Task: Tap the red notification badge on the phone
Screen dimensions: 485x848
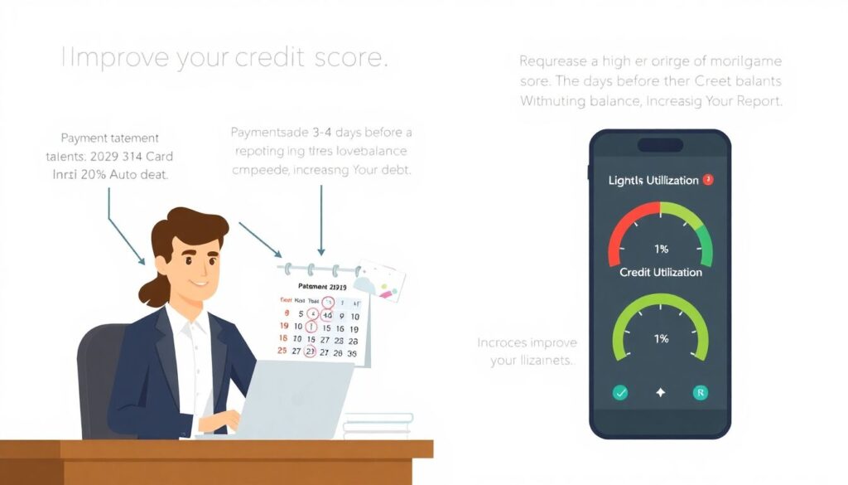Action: coord(707,179)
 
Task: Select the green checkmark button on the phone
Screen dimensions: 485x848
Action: coord(619,393)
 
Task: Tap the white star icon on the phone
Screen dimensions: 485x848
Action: coord(660,393)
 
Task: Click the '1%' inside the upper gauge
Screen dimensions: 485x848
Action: coord(660,249)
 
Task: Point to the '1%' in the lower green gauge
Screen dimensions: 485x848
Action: coord(660,338)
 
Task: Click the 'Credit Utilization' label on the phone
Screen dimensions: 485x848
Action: coord(660,272)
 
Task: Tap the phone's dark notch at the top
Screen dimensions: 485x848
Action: coord(660,144)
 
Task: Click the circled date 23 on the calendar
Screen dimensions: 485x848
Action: coord(311,351)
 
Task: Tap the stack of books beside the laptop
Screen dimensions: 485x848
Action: coord(377,424)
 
